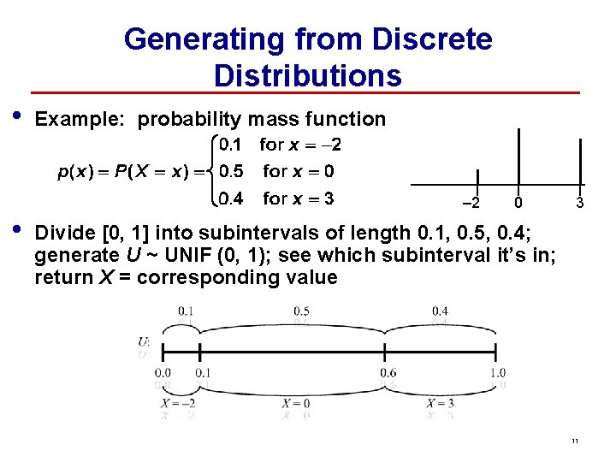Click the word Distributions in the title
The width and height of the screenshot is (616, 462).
(308, 75)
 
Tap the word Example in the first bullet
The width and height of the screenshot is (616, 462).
(81, 119)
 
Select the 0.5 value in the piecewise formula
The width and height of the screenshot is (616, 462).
(230, 171)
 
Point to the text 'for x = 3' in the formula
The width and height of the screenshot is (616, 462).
(299, 198)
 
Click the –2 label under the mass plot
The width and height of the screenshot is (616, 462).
(471, 204)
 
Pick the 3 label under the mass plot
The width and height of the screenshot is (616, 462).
(580, 204)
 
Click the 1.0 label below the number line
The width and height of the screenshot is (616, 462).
(498, 373)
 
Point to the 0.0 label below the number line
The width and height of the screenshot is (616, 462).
(163, 373)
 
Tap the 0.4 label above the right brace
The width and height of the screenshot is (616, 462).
(441, 311)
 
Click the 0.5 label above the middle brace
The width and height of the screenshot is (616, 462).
(300, 311)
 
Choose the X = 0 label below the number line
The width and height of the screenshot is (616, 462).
(296, 404)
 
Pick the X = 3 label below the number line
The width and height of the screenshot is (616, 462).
(440, 404)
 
